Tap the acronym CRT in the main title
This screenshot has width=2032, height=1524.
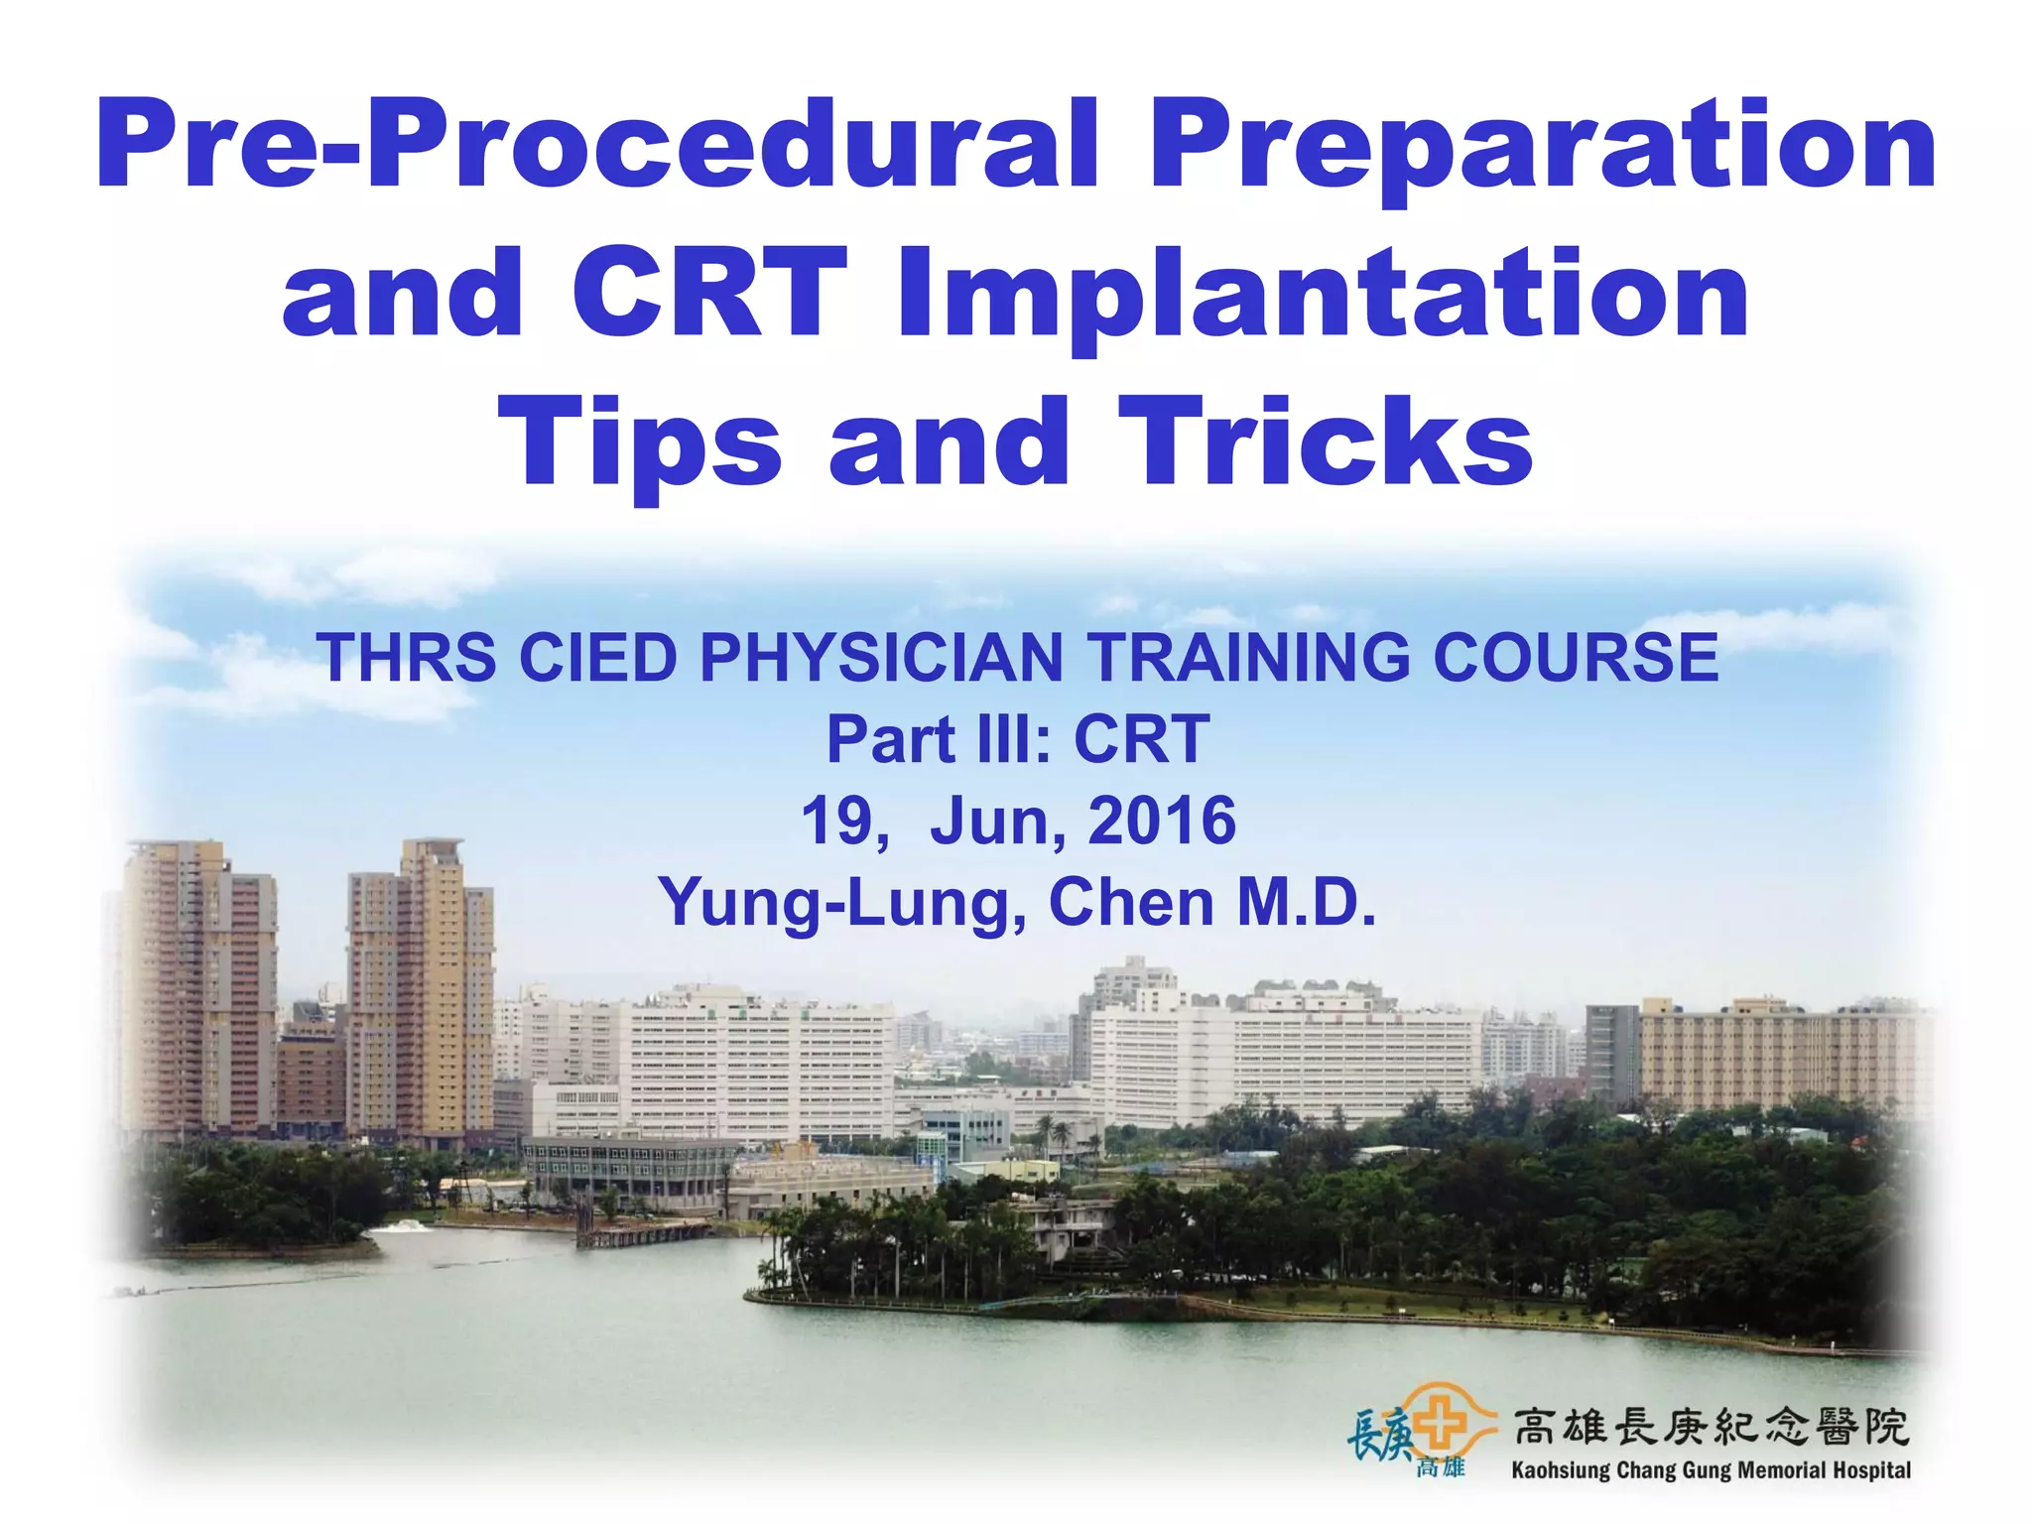(708, 294)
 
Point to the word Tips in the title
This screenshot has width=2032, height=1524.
(640, 443)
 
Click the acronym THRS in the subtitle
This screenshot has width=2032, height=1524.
(406, 658)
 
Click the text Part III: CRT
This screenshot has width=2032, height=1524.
(1018, 739)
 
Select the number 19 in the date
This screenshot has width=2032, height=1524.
(836, 821)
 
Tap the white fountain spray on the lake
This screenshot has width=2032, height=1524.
(401, 1226)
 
